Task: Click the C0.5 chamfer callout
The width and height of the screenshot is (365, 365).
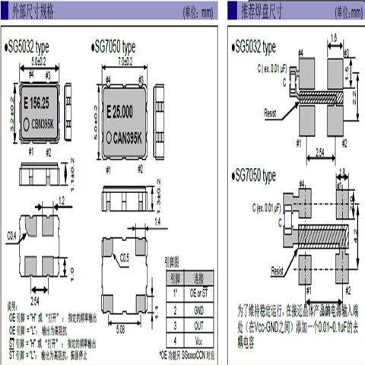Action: [125, 257]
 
